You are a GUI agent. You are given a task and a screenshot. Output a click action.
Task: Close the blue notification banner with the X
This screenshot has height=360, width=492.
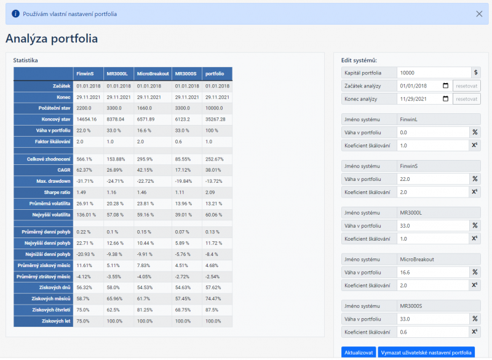[479, 14]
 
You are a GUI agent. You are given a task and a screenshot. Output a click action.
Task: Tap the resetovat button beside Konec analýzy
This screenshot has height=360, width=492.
[467, 99]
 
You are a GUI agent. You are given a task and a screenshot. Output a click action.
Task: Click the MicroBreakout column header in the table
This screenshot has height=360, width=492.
[153, 74]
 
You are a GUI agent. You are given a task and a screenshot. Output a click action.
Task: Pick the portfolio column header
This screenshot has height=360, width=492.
[215, 74]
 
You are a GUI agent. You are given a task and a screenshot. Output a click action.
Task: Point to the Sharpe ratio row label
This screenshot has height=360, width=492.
[55, 192]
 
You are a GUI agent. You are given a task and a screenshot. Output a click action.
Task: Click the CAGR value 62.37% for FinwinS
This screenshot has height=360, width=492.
[85, 169]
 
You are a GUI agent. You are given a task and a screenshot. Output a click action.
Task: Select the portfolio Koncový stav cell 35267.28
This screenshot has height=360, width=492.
[216, 119]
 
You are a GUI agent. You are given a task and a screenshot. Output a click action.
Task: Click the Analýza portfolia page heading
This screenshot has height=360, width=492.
[52, 39]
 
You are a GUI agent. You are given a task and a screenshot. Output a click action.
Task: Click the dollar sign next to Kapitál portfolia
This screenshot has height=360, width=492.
[475, 73]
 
